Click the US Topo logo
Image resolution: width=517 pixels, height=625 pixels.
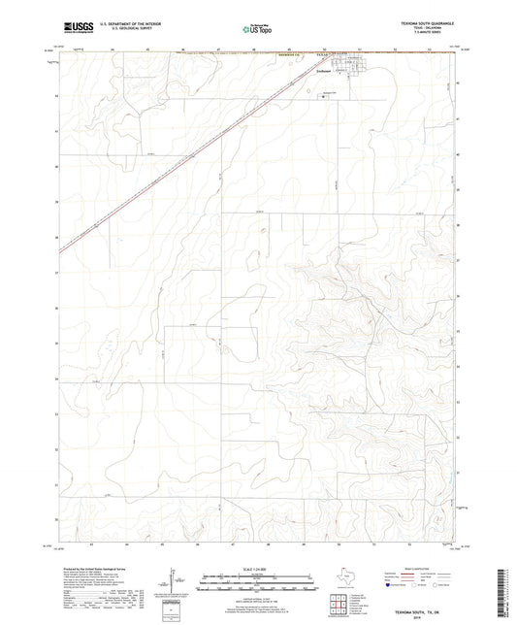[258, 29]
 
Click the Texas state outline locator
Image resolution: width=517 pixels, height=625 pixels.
[345, 578]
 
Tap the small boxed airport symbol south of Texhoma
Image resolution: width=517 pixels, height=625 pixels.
[323, 96]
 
